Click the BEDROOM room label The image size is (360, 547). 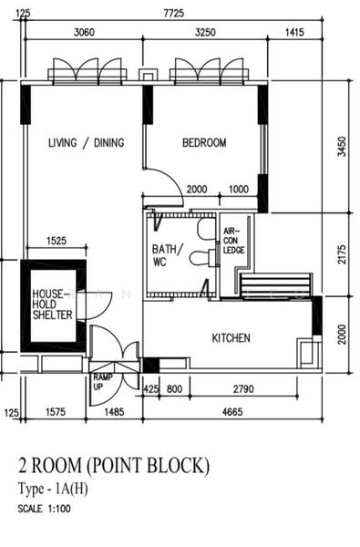pyautogui.click(x=204, y=143)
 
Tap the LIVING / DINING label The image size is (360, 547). pyautogui.click(x=87, y=143)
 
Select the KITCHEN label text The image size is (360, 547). pyautogui.click(x=231, y=338)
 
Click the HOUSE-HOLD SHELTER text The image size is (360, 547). pyautogui.click(x=52, y=304)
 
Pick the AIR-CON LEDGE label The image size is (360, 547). pyautogui.click(x=233, y=241)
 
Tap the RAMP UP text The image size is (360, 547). pyautogui.click(x=103, y=382)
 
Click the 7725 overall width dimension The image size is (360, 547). pyautogui.click(x=173, y=14)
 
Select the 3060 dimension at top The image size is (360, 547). pyautogui.click(x=84, y=33)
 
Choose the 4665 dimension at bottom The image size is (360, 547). pyautogui.click(x=232, y=412)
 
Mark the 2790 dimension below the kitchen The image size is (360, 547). pyautogui.click(x=243, y=388)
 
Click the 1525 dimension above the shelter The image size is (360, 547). pyautogui.click(x=57, y=241)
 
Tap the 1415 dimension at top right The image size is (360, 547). pyautogui.click(x=294, y=33)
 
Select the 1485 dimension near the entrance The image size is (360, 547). pyautogui.click(x=114, y=412)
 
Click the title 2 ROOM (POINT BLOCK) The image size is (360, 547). pyautogui.click(x=114, y=466)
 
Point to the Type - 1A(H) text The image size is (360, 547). pyautogui.click(x=53, y=489)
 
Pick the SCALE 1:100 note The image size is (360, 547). pyautogui.click(x=44, y=509)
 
